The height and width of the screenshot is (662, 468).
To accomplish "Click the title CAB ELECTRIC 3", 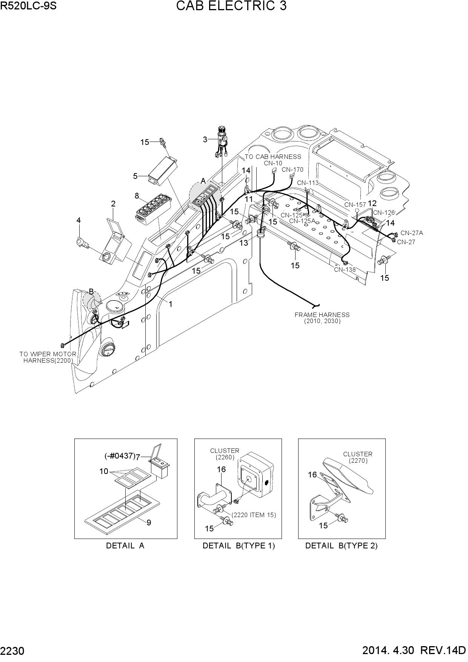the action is [231, 6].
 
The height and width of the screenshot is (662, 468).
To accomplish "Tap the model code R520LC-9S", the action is [28, 6].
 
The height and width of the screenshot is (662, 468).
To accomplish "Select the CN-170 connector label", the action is [292, 169].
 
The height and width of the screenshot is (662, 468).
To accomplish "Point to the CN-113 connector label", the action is [308, 183].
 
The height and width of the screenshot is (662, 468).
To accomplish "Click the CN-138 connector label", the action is [345, 269].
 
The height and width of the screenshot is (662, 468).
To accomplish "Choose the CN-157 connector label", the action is [355, 205].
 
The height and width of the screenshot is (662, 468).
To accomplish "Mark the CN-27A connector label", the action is [412, 233].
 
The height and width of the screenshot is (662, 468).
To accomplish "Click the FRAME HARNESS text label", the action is [322, 315].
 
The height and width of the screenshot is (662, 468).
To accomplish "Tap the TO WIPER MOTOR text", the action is [48, 354].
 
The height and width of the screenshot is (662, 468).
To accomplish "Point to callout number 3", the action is [205, 140].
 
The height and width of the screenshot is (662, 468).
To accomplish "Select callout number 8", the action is [137, 196].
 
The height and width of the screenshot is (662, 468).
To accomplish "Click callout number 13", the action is [244, 243].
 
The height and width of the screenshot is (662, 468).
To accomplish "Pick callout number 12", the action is [372, 203].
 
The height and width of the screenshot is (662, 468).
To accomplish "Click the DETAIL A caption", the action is [125, 546].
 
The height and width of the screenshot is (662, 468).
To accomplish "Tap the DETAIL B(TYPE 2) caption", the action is [341, 546].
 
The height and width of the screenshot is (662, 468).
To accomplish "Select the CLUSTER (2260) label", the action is [225, 454].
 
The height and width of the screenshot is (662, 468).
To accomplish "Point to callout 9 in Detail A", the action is [149, 523].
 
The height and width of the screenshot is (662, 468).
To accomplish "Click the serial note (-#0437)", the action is [120, 456].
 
